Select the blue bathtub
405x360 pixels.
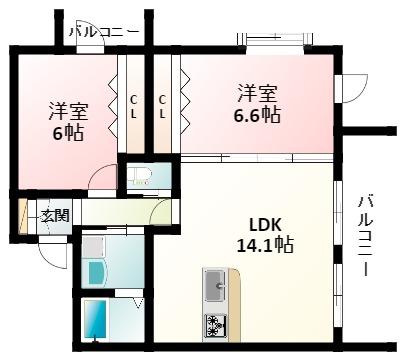[x=96, y=318]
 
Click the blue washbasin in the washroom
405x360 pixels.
[x=97, y=273]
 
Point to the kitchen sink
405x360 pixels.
[x=215, y=287]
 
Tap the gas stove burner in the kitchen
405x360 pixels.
[x=214, y=322]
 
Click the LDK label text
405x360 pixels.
[x=265, y=224]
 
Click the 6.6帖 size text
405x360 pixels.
[x=256, y=115]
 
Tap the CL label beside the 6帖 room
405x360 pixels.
[x=134, y=106]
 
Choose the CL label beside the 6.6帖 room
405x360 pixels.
[x=164, y=106]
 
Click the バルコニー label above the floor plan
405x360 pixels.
[x=104, y=32]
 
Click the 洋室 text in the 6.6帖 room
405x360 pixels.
[x=256, y=94]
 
